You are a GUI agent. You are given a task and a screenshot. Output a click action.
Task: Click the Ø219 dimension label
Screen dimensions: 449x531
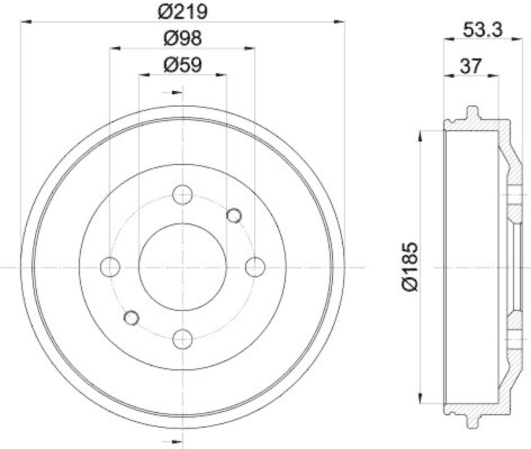coord(183,11)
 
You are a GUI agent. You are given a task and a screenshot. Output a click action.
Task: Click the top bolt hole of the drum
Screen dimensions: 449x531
coord(183,195)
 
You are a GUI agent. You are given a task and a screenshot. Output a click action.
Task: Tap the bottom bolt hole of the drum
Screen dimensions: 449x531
coord(183,339)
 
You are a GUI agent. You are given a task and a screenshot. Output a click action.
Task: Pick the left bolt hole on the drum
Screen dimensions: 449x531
coord(110,267)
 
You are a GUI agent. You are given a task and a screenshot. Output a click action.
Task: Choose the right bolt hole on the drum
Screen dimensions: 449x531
coord(255,267)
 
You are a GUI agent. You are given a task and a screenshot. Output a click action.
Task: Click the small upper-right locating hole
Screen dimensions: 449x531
coord(234,215)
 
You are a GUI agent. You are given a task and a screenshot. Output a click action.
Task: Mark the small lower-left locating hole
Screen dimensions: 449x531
coord(131,318)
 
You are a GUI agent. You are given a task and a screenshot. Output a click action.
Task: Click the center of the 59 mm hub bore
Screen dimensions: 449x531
coord(183,267)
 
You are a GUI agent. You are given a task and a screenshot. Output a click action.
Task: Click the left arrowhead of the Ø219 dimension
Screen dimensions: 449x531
coord(26,22)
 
